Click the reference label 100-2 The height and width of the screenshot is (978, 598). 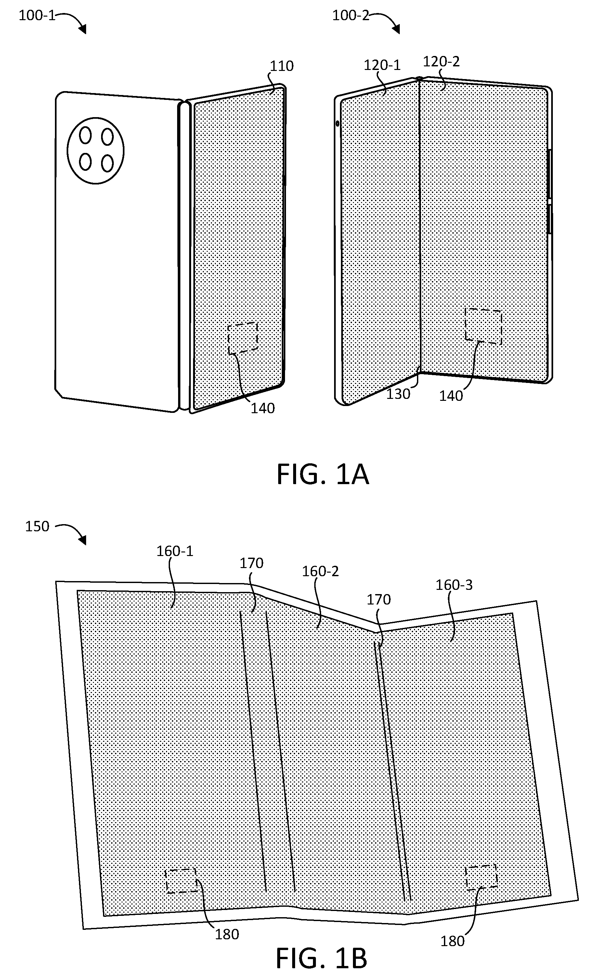point(351,16)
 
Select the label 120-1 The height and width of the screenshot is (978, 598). point(382,65)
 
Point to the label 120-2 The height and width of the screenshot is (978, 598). point(441,61)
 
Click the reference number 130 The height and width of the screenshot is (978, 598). point(398,394)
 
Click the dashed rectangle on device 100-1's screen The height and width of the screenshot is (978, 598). point(243,338)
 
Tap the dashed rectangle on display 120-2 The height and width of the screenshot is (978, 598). point(483,326)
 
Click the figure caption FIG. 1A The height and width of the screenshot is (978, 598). point(323,474)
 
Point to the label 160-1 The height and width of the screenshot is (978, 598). point(175,551)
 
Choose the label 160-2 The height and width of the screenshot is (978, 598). point(320,571)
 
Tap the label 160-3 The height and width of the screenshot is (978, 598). point(454,585)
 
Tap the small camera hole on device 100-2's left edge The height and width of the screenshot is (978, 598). point(337,123)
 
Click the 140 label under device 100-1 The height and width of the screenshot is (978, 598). point(263,408)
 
